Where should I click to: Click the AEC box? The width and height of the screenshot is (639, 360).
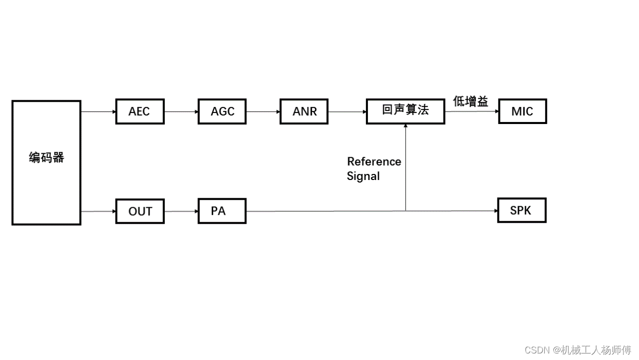[x=140, y=111]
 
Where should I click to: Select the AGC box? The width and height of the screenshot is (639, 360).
[x=222, y=111]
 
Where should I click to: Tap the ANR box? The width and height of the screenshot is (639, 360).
[x=304, y=111]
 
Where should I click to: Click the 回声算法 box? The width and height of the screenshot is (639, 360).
[x=405, y=111]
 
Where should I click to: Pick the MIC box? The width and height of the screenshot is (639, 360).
[x=522, y=111]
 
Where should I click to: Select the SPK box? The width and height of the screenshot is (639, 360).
[x=522, y=210]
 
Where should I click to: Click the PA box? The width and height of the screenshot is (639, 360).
[x=222, y=211]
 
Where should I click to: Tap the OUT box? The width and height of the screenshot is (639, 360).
[x=140, y=211]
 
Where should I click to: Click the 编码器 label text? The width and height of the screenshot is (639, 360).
[x=46, y=158]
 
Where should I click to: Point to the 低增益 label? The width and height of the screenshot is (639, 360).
[x=471, y=101]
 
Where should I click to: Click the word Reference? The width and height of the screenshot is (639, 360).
[x=374, y=162]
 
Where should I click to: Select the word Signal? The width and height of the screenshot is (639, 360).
[x=363, y=176]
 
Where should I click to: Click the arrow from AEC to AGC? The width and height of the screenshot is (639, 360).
[x=181, y=111]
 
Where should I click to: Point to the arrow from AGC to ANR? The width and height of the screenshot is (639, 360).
[x=263, y=111]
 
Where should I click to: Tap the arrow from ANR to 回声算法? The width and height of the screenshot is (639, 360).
[x=347, y=111]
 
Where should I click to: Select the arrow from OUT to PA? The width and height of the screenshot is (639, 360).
[x=181, y=211]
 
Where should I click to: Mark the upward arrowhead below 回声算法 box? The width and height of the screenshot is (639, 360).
[x=406, y=126]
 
